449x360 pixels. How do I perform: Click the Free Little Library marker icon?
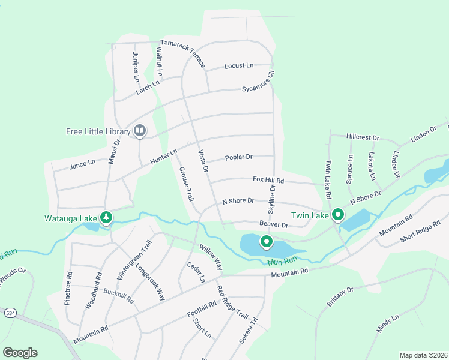(140, 130)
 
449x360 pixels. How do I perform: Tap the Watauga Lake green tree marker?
(106, 217)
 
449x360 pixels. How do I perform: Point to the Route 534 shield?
(10, 313)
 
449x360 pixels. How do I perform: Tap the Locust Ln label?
(239, 65)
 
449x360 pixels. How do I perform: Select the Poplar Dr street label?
(239, 157)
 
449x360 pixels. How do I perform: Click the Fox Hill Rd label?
(268, 179)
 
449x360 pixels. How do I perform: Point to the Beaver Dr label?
(274, 225)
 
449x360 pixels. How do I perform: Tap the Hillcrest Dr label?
(363, 137)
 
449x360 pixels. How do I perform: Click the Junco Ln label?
(83, 163)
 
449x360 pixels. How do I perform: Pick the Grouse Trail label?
(186, 184)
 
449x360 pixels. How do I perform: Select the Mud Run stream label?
(283, 261)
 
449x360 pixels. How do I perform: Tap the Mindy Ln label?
(387, 324)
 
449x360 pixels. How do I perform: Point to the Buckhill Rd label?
(118, 296)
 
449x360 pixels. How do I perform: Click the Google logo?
(20, 353)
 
